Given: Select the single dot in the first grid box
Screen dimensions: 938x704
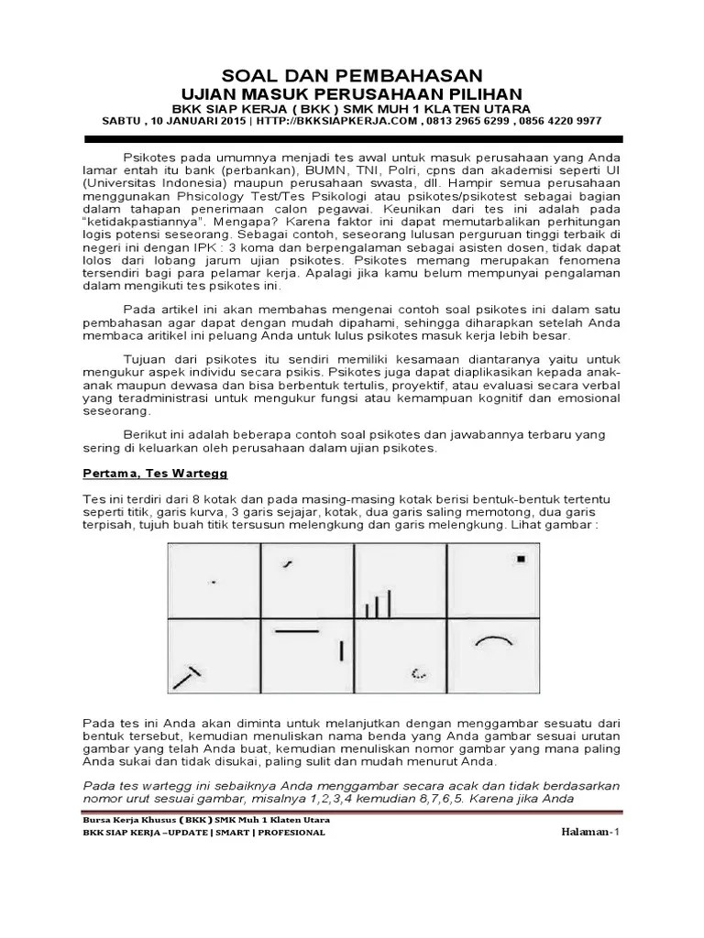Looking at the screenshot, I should (x=214, y=582).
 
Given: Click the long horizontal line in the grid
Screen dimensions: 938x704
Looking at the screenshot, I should (x=296, y=631).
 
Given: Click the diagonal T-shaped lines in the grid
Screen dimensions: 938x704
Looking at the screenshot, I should (x=186, y=676).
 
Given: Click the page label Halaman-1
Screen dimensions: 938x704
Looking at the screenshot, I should (x=590, y=831).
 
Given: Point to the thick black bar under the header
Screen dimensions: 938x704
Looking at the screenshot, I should (x=352, y=138).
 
